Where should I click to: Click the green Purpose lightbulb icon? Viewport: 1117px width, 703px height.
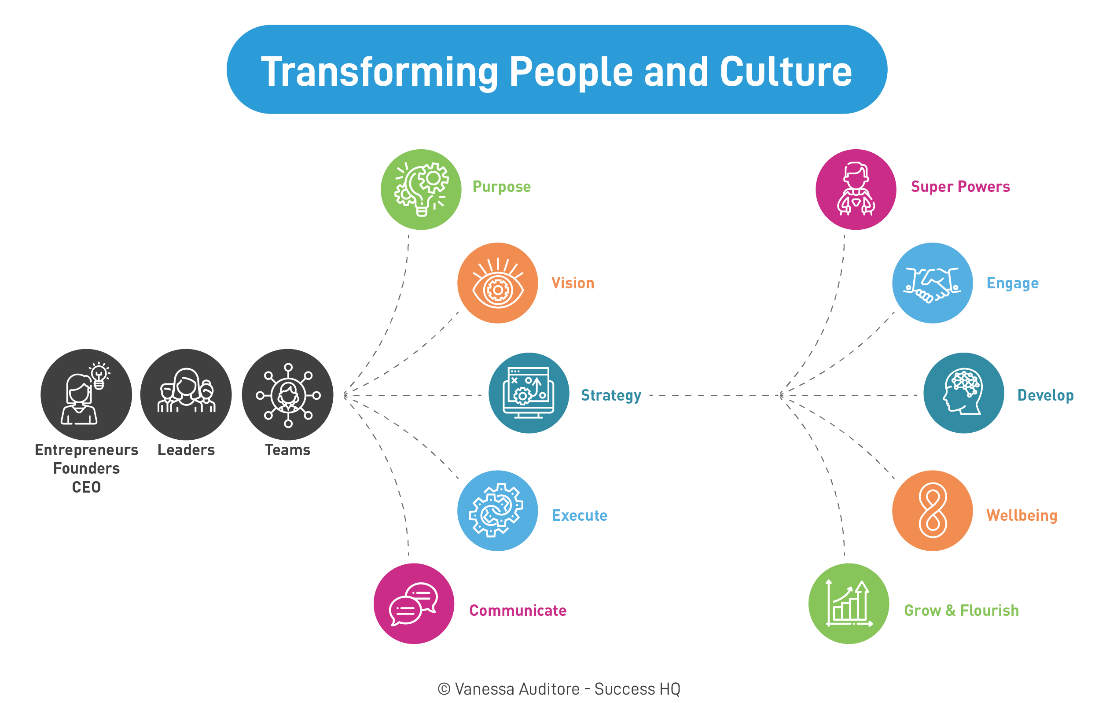tap(421, 189)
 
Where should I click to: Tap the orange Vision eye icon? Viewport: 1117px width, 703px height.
tap(497, 283)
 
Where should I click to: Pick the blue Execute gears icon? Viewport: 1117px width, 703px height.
tap(497, 511)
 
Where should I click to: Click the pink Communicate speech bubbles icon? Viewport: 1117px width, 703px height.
tap(414, 603)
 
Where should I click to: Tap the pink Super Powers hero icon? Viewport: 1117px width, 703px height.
tap(856, 189)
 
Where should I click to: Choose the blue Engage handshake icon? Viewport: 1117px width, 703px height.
tap(933, 283)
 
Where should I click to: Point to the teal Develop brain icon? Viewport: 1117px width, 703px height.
tap(963, 393)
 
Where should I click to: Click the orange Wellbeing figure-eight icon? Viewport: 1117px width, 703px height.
tap(933, 511)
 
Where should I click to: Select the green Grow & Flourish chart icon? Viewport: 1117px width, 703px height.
tap(849, 603)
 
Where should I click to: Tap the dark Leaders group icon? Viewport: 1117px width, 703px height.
tap(186, 394)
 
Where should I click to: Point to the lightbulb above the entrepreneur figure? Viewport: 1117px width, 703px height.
tap(99, 375)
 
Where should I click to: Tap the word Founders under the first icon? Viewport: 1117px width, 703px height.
tap(87, 468)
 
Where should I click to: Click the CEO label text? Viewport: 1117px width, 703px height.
tap(86, 487)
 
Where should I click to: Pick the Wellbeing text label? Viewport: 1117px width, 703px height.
tap(1021, 515)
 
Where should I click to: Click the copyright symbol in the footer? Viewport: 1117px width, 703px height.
tap(444, 689)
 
